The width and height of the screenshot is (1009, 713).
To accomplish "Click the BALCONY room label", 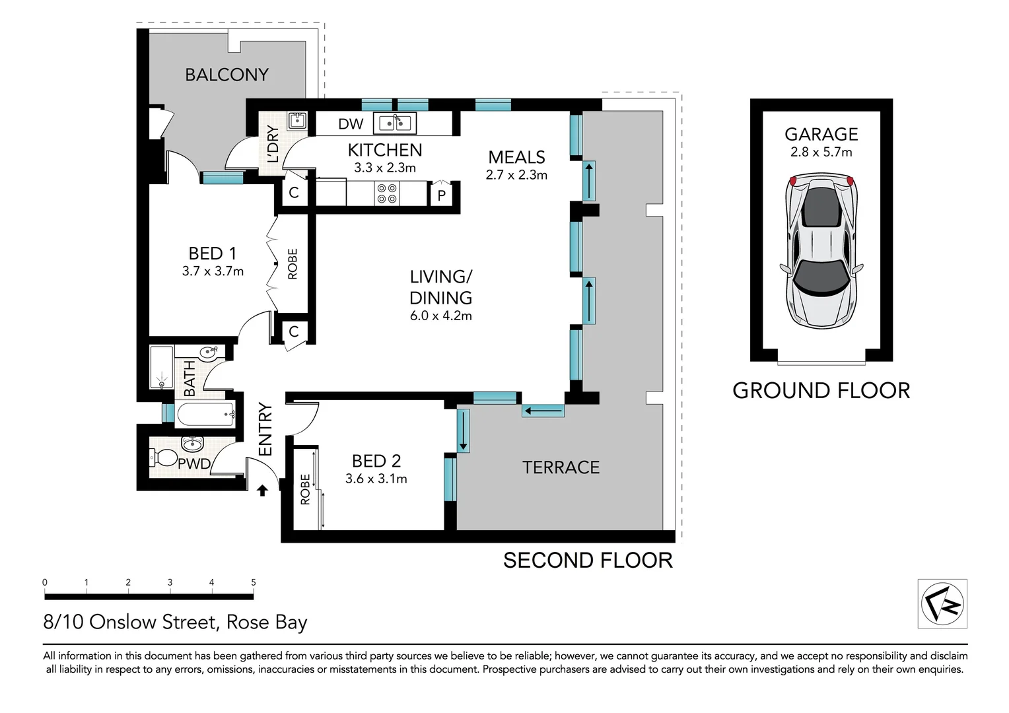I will coord(226,75).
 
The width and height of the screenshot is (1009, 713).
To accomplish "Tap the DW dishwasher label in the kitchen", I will coord(351,124).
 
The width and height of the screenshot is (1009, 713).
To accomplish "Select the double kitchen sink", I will coord(395,123).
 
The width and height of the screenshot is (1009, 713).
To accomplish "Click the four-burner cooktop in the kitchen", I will coord(387,193).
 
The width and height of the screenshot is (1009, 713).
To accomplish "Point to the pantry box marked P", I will coord(442,195).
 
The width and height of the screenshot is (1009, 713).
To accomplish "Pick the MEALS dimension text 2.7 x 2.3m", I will coord(516,175).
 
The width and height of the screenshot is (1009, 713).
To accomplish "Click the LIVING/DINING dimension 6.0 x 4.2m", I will coord(440,316).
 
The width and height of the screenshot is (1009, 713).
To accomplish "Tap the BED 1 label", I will coord(212,254).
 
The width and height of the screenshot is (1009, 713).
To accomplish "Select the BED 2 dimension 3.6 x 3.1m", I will coord(376,479).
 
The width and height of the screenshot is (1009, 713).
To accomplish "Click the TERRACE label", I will coord(561,467).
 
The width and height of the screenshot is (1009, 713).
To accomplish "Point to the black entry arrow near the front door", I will coord(262,490).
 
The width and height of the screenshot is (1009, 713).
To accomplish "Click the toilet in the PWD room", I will coord(162,457).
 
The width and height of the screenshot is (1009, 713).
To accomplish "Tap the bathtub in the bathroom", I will coord(205,415).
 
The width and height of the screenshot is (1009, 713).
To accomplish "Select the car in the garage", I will coord(821,251).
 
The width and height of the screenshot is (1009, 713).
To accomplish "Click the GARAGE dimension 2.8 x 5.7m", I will coord(821,152).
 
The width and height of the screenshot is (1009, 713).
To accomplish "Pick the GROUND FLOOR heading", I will coord(821,391).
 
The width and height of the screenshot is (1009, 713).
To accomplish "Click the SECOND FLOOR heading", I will coord(588,560).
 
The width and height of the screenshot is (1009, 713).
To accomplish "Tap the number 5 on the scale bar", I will coord(254,582).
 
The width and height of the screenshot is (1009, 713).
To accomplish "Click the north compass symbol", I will coord(942,603).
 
